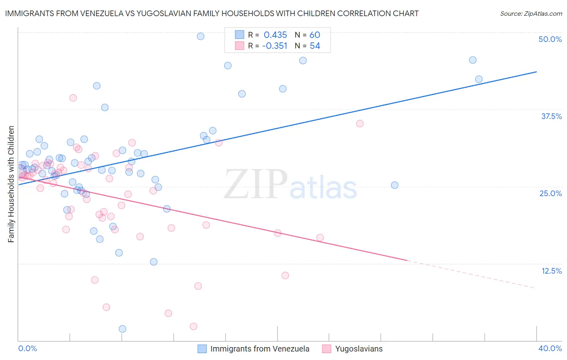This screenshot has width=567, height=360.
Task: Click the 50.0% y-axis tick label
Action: pyautogui.click(x=550, y=39)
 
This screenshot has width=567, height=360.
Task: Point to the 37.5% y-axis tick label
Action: pyautogui.click(x=551, y=116)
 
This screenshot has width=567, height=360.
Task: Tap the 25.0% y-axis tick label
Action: pyautogui.click(x=550, y=193)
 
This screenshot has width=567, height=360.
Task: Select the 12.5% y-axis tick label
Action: pyautogui.click(x=551, y=271)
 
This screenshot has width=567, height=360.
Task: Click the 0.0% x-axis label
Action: pyautogui.click(x=27, y=348)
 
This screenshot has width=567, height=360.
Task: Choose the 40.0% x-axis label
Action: pyautogui.click(x=550, y=348)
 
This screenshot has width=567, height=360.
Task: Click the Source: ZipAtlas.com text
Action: pyautogui.click(x=531, y=14)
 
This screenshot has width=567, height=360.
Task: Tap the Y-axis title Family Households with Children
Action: pyautogui.click(x=11, y=184)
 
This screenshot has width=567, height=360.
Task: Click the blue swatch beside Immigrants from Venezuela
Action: pyautogui.click(x=202, y=349)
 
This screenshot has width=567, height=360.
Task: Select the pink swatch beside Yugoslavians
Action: pyautogui.click(x=327, y=349)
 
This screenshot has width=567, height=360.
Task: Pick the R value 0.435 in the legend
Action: pyautogui.click(x=275, y=35)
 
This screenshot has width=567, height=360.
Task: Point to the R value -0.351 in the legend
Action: pyautogui.click(x=274, y=46)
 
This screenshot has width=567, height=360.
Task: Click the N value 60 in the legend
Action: pyautogui.click(x=315, y=35)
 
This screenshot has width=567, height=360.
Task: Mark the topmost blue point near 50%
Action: pyautogui.click(x=200, y=36)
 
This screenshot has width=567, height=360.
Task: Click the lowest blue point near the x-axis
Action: pyautogui.click(x=123, y=329)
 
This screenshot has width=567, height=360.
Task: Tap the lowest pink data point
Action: pyautogui.click(x=194, y=327)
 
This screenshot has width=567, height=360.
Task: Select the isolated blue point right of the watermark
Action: pyautogui.click(x=395, y=185)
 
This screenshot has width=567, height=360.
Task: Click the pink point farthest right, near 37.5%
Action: pyautogui.click(x=360, y=123)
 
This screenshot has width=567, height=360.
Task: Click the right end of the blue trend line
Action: pyautogui.click(x=536, y=72)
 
